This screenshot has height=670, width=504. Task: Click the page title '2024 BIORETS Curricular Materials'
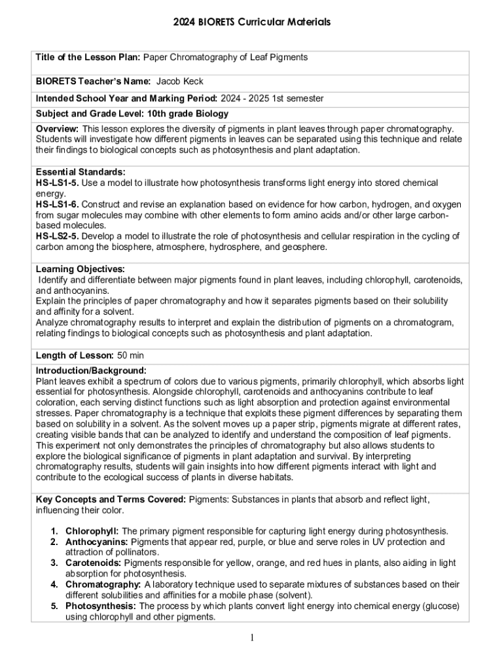(x=252, y=22)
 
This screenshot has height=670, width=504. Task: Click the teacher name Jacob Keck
(x=179, y=82)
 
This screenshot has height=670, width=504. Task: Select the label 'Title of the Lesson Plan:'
(x=88, y=58)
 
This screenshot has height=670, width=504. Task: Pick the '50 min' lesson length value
(x=131, y=355)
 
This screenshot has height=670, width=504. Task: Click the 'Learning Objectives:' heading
(x=81, y=269)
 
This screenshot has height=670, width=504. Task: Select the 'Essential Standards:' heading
(x=81, y=172)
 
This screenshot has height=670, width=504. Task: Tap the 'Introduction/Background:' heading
(x=91, y=370)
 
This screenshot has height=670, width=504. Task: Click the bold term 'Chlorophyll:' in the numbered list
(x=92, y=531)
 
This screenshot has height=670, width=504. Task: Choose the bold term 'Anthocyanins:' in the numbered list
(x=96, y=542)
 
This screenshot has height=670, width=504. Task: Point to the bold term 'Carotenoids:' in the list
(x=93, y=563)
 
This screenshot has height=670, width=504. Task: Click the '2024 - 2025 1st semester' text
(x=272, y=98)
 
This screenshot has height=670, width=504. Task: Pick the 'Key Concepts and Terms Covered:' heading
(x=111, y=499)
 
